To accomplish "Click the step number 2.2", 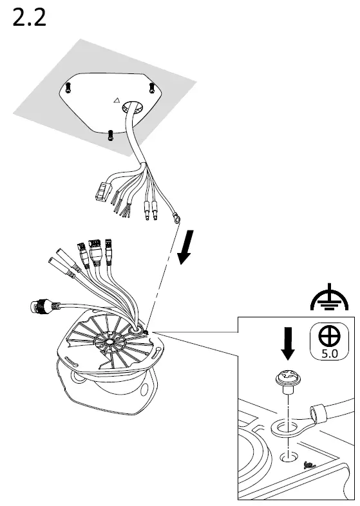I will [30, 17].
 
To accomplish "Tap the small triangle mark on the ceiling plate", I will [116, 100].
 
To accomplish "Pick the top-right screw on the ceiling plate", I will [151, 86].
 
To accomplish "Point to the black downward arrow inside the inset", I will [288, 342].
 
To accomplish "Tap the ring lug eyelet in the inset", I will [283, 428].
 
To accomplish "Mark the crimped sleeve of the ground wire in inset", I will [317, 412].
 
